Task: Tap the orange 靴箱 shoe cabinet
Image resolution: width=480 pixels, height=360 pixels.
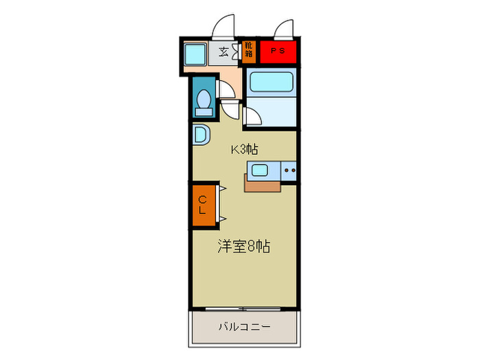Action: pyautogui.click(x=248, y=51)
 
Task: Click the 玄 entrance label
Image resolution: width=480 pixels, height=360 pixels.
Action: pyautogui.click(x=224, y=51)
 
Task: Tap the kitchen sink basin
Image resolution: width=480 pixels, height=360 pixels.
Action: pyautogui.click(x=259, y=171)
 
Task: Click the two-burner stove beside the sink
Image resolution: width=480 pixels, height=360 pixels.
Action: pyautogui.click(x=289, y=171)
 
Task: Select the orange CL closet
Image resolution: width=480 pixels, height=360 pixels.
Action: pyautogui.click(x=203, y=205)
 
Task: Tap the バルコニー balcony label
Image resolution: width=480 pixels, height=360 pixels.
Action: pyautogui.click(x=244, y=327)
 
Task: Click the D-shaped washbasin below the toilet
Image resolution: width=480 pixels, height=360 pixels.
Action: pyautogui.click(x=200, y=134)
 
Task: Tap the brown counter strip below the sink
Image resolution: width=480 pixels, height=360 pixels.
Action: pyautogui.click(x=262, y=184)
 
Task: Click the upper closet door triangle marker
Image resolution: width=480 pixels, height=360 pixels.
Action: pyautogui.click(x=223, y=187)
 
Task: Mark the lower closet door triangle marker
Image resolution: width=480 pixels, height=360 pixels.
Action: pyautogui.click(x=223, y=219)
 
